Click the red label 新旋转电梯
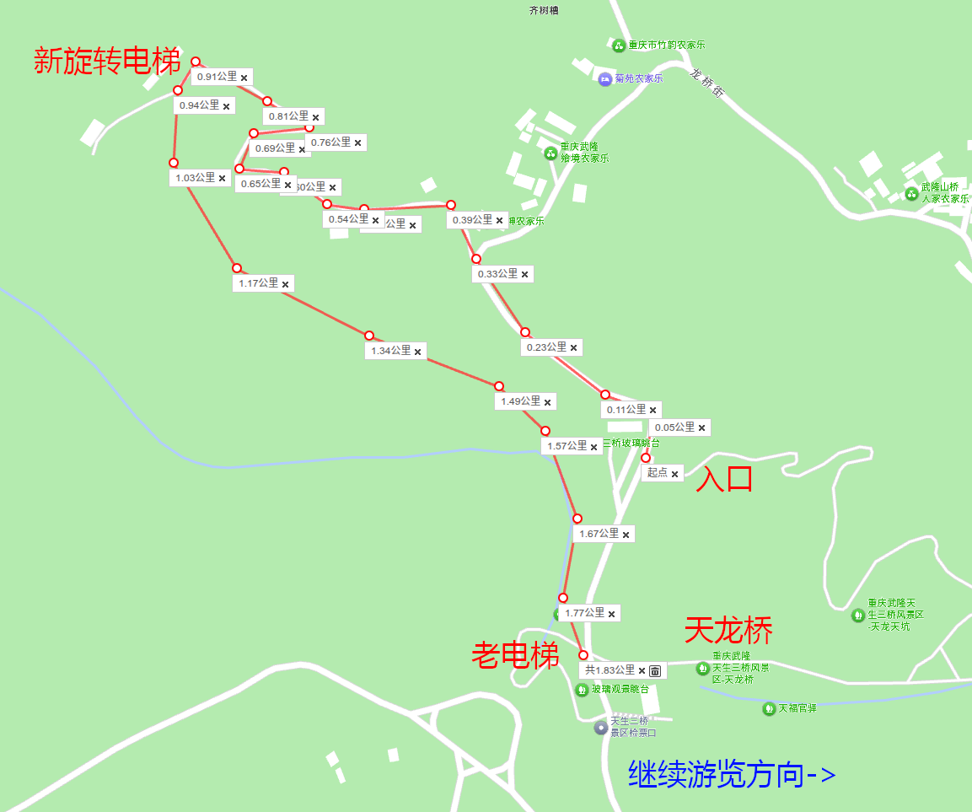(107, 61)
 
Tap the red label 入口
(723, 480)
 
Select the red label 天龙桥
(728, 630)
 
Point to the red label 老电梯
(515, 655)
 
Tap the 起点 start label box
(657, 473)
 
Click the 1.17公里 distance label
(258, 283)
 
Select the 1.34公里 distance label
(390, 351)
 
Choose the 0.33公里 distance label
(497, 274)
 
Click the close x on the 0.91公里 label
(244, 78)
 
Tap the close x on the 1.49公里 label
(548, 402)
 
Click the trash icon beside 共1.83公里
(655, 671)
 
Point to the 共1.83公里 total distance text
(610, 670)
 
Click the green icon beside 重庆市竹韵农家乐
(618, 45)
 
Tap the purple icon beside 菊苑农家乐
(604, 79)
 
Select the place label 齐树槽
(544, 10)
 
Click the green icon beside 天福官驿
(768, 708)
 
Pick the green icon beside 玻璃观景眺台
(581, 690)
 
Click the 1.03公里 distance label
(194, 178)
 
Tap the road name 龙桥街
(706, 82)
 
